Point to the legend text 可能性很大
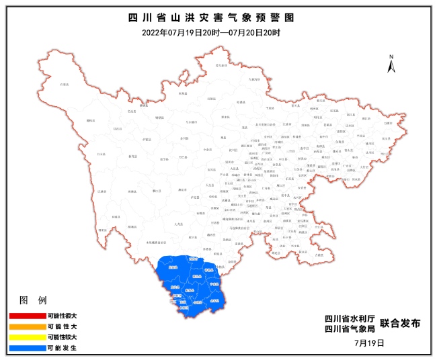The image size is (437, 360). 62,315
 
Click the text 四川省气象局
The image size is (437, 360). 348,329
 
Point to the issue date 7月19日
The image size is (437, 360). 369,343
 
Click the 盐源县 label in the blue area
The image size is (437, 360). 173,267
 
